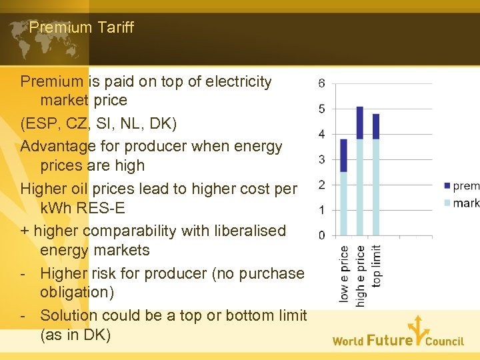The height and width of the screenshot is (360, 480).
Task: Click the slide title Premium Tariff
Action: click(x=81, y=27)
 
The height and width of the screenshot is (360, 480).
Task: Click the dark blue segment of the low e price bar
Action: click(x=344, y=155)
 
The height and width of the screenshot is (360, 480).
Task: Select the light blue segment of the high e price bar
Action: click(x=360, y=187)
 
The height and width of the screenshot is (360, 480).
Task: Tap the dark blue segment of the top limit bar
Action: click(x=376, y=126)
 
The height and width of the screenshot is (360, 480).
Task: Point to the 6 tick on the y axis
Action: click(x=322, y=83)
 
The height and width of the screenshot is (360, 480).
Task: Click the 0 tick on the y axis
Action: click(x=322, y=235)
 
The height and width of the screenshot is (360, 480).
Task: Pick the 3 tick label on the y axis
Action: click(x=322, y=159)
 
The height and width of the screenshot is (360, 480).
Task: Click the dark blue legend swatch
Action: click(x=447, y=186)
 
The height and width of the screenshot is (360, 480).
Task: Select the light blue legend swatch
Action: click(x=447, y=203)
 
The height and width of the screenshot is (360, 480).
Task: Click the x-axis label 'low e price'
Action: click(x=344, y=274)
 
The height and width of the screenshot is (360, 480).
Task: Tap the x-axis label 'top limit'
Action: click(x=377, y=265)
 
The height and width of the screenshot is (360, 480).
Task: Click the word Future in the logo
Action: click(x=390, y=340)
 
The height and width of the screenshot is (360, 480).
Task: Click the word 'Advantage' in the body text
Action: click(x=57, y=146)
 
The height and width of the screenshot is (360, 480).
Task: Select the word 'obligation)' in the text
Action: click(x=78, y=292)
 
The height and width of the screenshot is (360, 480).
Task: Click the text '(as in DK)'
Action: click(x=75, y=335)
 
